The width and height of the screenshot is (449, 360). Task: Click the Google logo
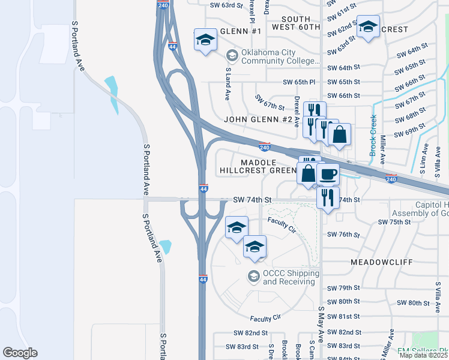click(20, 353)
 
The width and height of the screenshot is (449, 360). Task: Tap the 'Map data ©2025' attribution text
click(423, 355)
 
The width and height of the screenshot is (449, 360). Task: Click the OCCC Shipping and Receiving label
click(291, 278)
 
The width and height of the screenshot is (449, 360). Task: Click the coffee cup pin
click(328, 174)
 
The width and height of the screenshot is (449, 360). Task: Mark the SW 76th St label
click(343, 235)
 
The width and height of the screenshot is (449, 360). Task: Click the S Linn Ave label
click(424, 160)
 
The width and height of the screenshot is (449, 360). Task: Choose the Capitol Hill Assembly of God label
click(420, 209)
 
